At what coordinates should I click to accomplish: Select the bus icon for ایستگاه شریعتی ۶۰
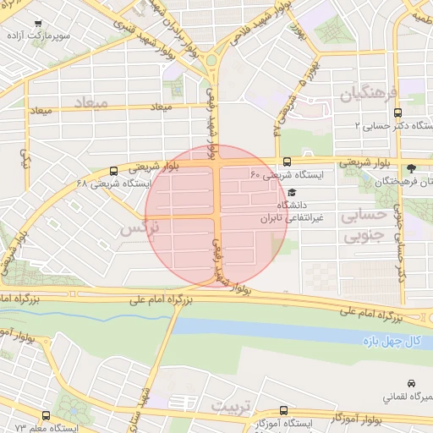pyautogui.click(x=287, y=162)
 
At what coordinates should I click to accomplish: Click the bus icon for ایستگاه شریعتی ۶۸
pyautogui.click(x=114, y=170)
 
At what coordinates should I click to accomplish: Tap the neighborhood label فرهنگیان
pyautogui.click(x=369, y=95)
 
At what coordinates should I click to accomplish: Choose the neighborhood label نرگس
pyautogui.click(x=138, y=228)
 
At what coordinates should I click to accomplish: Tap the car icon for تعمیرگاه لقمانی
pyautogui.click(x=411, y=383)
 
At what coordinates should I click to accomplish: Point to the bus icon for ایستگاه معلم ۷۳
pyautogui.click(x=45, y=416)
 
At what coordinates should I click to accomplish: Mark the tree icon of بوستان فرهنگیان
pyautogui.click(x=411, y=168)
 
